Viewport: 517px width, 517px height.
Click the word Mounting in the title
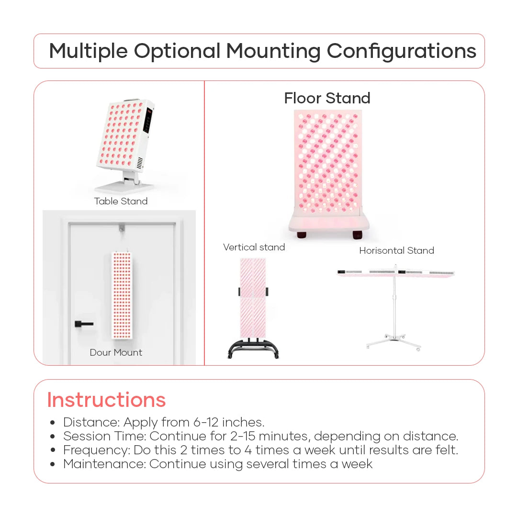(x=273, y=51)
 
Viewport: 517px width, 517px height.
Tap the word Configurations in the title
(x=401, y=51)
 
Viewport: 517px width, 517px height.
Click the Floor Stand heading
(x=327, y=98)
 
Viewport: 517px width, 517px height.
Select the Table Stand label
(x=121, y=201)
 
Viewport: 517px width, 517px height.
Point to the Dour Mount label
(x=116, y=352)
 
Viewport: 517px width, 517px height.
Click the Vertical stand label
(x=254, y=247)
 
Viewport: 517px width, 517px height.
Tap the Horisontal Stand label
(x=397, y=250)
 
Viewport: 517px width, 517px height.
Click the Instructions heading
(x=106, y=400)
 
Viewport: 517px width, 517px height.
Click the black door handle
(x=84, y=324)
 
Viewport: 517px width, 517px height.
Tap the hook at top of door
(x=122, y=227)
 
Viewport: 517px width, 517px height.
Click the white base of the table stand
(x=124, y=187)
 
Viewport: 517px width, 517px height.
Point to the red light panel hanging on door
(x=122, y=295)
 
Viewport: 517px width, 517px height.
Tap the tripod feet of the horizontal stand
(x=394, y=341)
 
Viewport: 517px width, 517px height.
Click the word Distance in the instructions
(x=91, y=422)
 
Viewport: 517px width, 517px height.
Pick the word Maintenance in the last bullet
(x=103, y=464)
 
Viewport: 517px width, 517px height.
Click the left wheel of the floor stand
(x=302, y=235)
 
